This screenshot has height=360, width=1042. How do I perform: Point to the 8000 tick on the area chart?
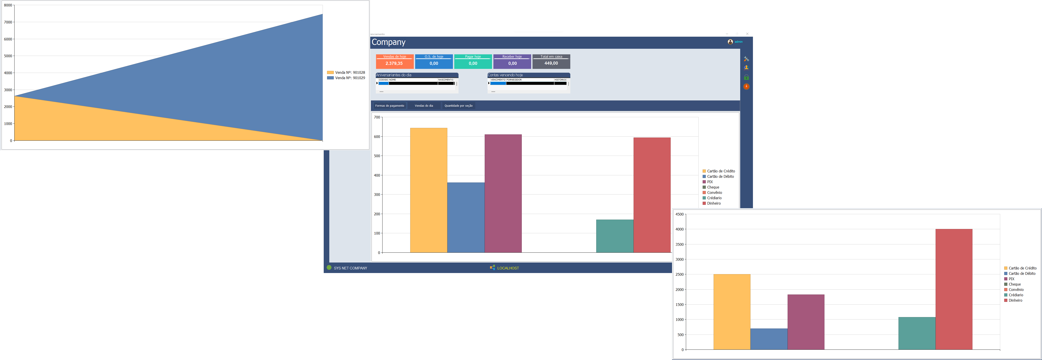pos(8,5)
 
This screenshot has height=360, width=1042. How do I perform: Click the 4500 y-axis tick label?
pos(680,214)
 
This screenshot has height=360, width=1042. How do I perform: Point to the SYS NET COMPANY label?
pos(350,268)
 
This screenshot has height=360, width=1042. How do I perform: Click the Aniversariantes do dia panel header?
pos(417,75)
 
